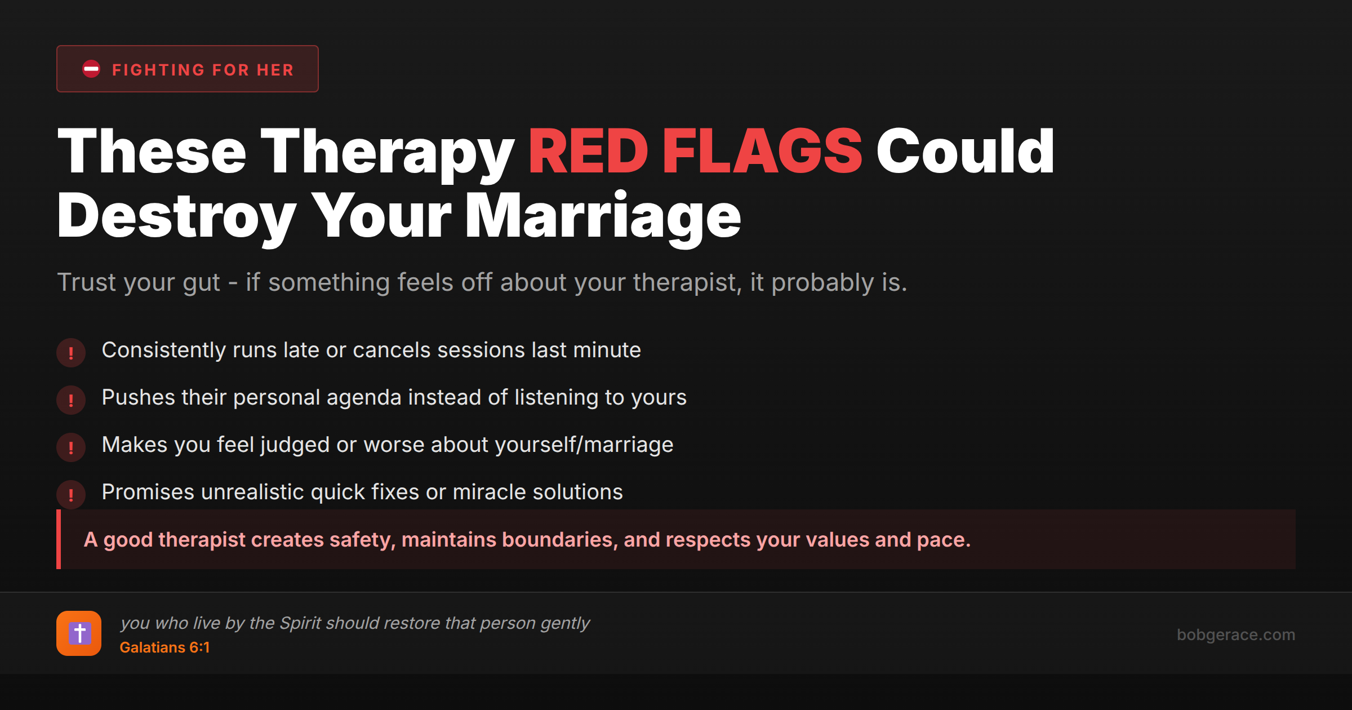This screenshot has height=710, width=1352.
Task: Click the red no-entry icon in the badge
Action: click(x=91, y=69)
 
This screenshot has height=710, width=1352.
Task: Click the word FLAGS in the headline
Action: click(x=762, y=151)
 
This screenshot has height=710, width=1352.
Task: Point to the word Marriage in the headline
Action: click(x=602, y=216)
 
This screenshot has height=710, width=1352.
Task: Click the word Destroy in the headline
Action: click(x=176, y=218)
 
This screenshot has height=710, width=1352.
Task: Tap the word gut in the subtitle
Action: click(x=201, y=282)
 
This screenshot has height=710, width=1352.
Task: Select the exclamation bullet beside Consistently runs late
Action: click(x=71, y=353)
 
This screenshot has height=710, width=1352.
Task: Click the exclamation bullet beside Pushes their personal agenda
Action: click(x=71, y=400)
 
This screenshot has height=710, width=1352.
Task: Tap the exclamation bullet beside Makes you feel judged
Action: click(x=71, y=447)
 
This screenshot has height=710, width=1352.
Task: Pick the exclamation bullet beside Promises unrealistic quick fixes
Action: click(x=71, y=495)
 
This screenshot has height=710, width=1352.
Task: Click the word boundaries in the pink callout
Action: click(x=557, y=540)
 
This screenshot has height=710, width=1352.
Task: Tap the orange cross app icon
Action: click(x=79, y=633)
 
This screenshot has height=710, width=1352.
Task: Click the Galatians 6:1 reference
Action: click(x=164, y=647)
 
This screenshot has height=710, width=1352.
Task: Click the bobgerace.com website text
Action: click(x=1235, y=634)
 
